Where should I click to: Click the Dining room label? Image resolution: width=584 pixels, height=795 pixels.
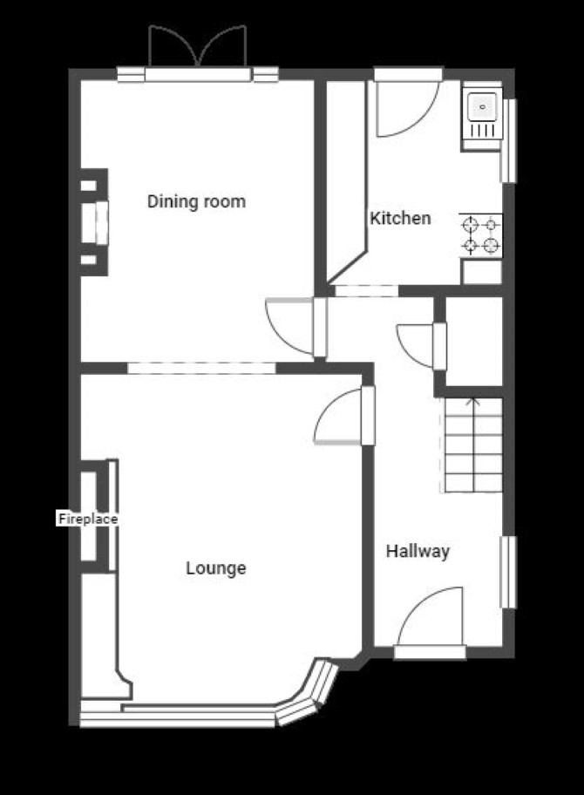pyautogui.click(x=196, y=201)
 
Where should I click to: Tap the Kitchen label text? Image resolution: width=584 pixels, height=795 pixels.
pyautogui.click(x=400, y=218)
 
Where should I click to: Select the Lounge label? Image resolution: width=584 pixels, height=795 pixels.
pyautogui.click(x=216, y=567)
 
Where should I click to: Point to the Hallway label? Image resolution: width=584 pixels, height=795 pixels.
pyautogui.click(x=418, y=551)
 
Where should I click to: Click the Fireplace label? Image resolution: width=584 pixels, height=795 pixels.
pyautogui.click(x=88, y=519)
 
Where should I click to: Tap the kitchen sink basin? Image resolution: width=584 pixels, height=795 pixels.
pyautogui.click(x=482, y=107)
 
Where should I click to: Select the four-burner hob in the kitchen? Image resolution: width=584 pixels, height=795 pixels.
pyautogui.click(x=480, y=234)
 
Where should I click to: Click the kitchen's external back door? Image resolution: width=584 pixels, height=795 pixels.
pyautogui.click(x=408, y=103)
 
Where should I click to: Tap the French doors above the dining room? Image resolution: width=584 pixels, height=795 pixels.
pyautogui.click(x=198, y=47)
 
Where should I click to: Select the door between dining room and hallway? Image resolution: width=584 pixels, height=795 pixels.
pyautogui.click(x=296, y=327)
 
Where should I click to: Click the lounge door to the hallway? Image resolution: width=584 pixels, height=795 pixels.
pyautogui.click(x=344, y=416)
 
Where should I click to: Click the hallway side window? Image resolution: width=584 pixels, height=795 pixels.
pyautogui.click(x=508, y=572)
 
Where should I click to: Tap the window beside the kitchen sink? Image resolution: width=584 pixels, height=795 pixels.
pyautogui.click(x=508, y=140)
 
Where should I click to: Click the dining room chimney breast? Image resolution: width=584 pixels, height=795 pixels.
pyautogui.click(x=94, y=222)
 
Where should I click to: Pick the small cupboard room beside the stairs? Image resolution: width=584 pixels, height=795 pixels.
pyautogui.click(x=473, y=341)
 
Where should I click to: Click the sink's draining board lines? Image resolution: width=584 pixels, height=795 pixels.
pyautogui.click(x=482, y=131)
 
